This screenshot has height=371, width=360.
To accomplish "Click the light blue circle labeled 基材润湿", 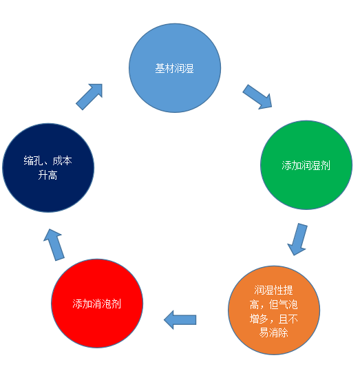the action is point(175,68).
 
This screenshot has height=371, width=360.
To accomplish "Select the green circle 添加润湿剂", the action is point(306,165).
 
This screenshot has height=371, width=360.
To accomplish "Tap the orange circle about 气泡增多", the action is point(274,310).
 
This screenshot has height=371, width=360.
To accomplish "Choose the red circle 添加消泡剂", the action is point(97,304).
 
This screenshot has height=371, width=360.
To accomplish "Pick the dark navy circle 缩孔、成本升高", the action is point(48,168).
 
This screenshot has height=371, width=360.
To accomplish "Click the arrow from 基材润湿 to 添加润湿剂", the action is point(257,97).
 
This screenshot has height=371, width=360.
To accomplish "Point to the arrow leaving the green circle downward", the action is point(298,240).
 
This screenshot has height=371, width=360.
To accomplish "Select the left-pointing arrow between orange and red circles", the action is point(180,320).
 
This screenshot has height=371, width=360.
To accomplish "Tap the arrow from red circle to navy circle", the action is point(54,244).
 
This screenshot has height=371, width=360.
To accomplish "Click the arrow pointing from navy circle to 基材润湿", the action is point(89,96).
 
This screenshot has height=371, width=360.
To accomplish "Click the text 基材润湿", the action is point(174,68).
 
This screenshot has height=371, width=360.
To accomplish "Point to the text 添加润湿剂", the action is point(306,165).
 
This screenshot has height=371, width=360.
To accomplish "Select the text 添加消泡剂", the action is point(97,304).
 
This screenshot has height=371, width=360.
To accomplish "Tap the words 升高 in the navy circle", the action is point(47,175).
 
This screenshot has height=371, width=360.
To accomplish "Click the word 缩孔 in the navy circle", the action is point(33,160).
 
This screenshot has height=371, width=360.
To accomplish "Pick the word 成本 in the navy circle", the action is point(62,160).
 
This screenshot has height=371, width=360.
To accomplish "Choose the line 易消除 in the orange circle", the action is point(273,332).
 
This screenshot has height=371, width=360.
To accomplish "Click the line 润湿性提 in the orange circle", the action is point(273,290).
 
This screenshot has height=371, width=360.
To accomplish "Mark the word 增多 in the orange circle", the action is point(260,319).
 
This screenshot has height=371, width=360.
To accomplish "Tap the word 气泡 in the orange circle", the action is point(288,304).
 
